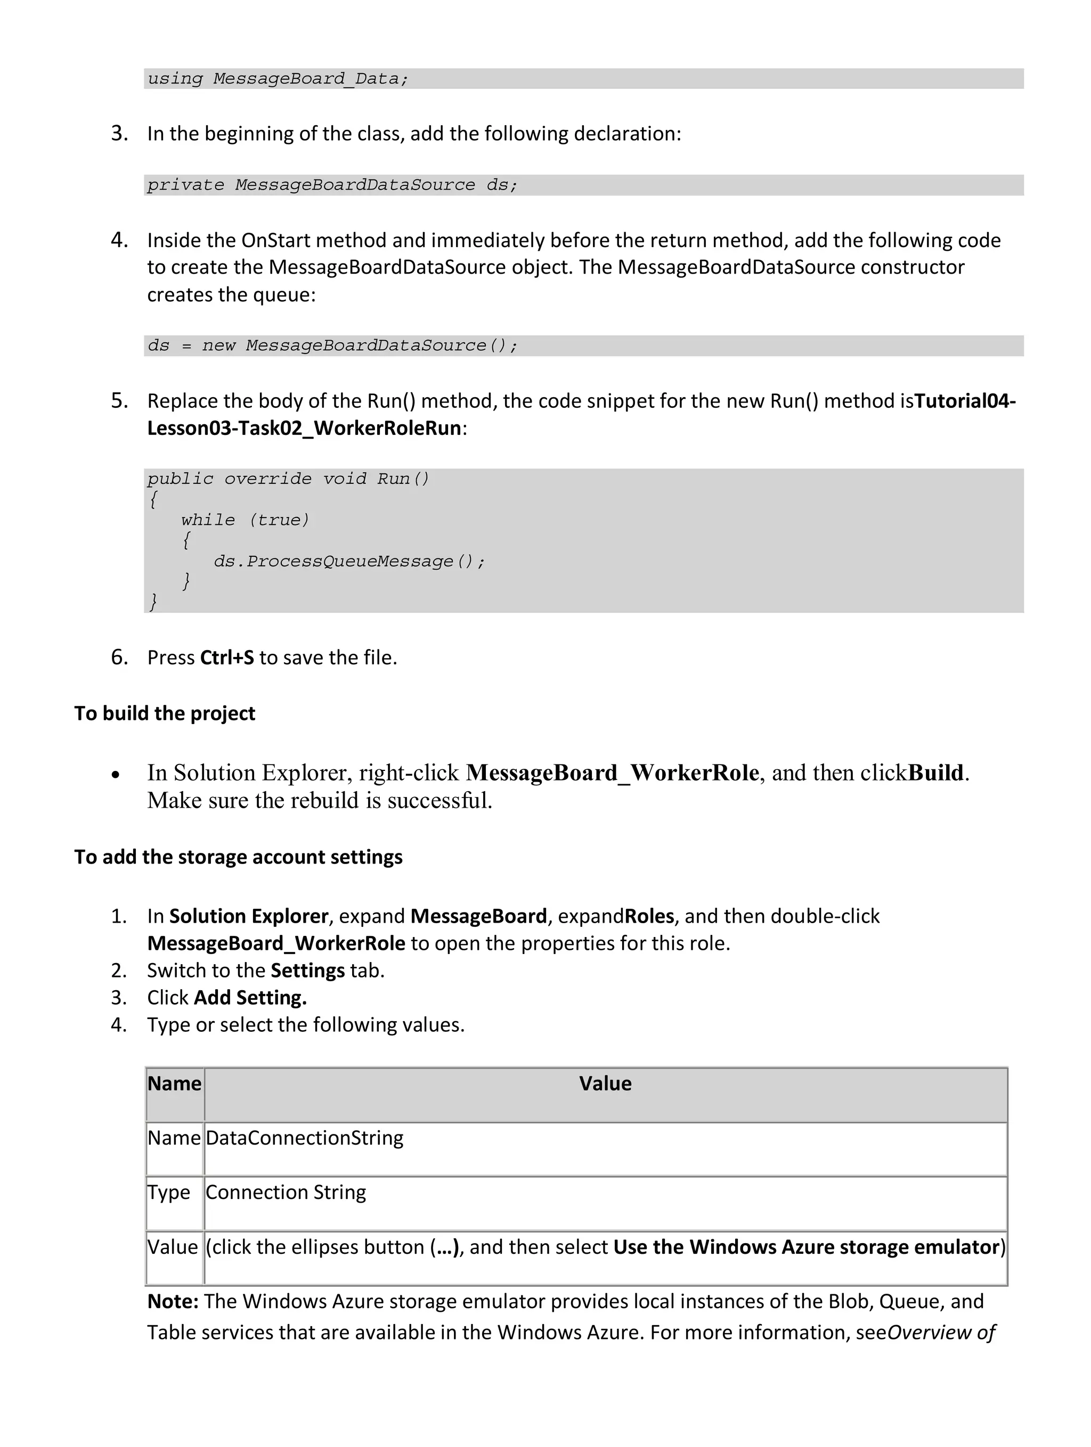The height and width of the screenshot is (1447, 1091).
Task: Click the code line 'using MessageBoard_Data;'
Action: (278, 79)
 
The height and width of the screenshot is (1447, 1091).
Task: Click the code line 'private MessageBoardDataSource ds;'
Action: (332, 185)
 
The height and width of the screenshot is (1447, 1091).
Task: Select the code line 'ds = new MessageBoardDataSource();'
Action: (332, 346)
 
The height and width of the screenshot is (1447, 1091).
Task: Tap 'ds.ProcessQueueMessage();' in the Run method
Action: (349, 561)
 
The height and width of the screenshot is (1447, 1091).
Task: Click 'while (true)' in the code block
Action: (245, 520)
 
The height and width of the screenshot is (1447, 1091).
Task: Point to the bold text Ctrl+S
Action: (226, 657)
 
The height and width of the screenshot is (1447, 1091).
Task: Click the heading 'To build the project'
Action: (164, 713)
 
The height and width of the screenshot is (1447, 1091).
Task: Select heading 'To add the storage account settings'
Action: (238, 857)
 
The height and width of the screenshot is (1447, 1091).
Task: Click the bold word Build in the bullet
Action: (936, 773)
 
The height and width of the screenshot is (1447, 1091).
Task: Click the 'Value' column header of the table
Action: (605, 1084)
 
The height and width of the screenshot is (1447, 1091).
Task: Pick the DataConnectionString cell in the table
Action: (304, 1138)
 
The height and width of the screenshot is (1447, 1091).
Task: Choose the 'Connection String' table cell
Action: (286, 1193)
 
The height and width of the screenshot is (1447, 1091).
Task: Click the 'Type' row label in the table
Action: (168, 1193)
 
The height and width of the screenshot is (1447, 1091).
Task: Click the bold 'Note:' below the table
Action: (173, 1301)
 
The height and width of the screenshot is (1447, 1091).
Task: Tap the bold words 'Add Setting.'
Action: (250, 998)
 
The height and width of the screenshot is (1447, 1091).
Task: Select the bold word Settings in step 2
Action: (307, 970)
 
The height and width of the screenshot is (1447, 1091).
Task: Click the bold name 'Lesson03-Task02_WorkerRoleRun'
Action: (304, 428)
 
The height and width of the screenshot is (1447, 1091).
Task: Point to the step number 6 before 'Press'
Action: (119, 657)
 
